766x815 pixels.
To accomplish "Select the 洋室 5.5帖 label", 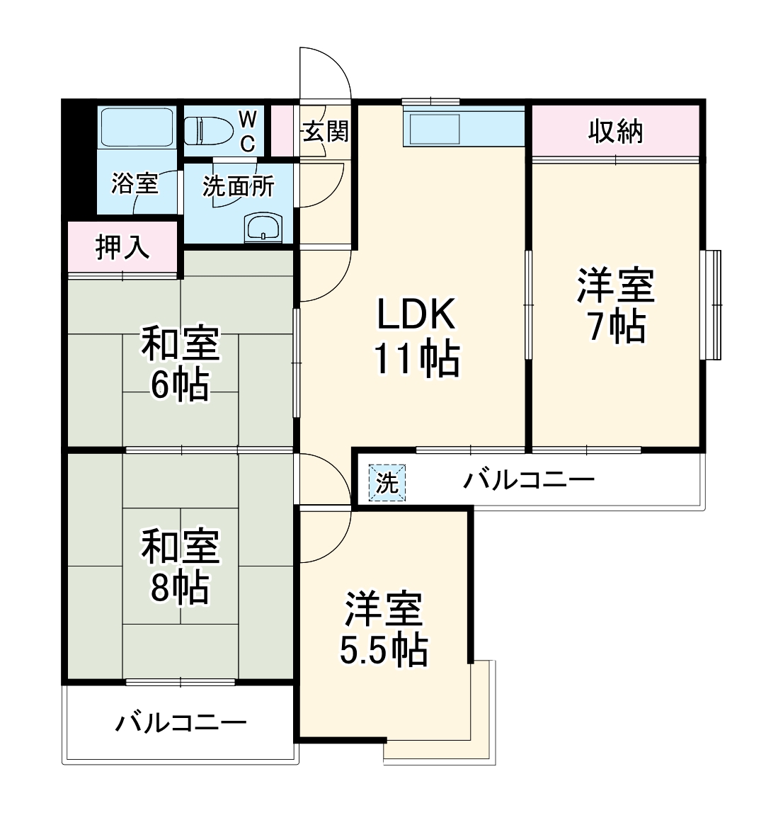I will click(x=384, y=629).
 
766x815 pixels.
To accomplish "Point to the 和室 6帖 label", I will click(x=180, y=363).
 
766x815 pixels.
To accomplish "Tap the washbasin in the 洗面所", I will click(x=263, y=228).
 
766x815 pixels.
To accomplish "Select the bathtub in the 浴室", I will click(x=136, y=127).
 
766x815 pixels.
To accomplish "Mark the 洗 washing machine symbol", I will click(x=387, y=483).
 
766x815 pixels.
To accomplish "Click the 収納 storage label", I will click(x=616, y=131).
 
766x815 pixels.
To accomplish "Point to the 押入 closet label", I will click(x=122, y=247).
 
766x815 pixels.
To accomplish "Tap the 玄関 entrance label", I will click(x=326, y=130).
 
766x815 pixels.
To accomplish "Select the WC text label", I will click(x=247, y=130).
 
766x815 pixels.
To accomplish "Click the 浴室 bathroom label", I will click(x=135, y=184).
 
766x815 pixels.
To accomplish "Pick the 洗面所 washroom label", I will click(x=238, y=186).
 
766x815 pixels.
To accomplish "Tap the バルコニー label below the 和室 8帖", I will click(x=181, y=723).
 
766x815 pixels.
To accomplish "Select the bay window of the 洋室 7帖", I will click(x=712, y=304).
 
